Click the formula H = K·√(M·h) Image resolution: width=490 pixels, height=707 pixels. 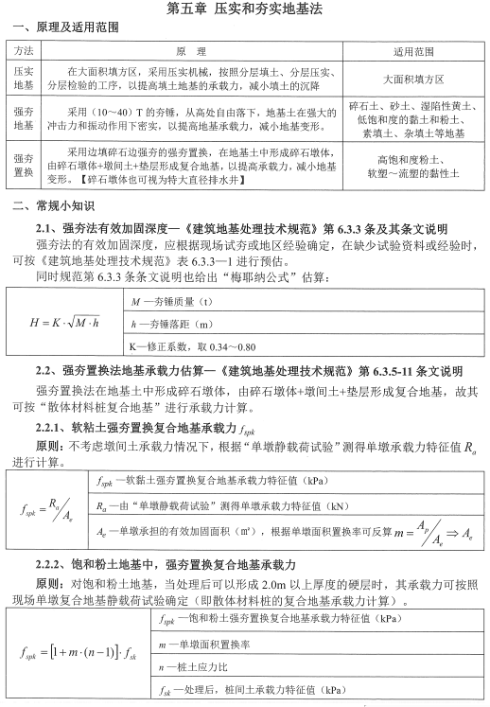(x=64, y=322)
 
